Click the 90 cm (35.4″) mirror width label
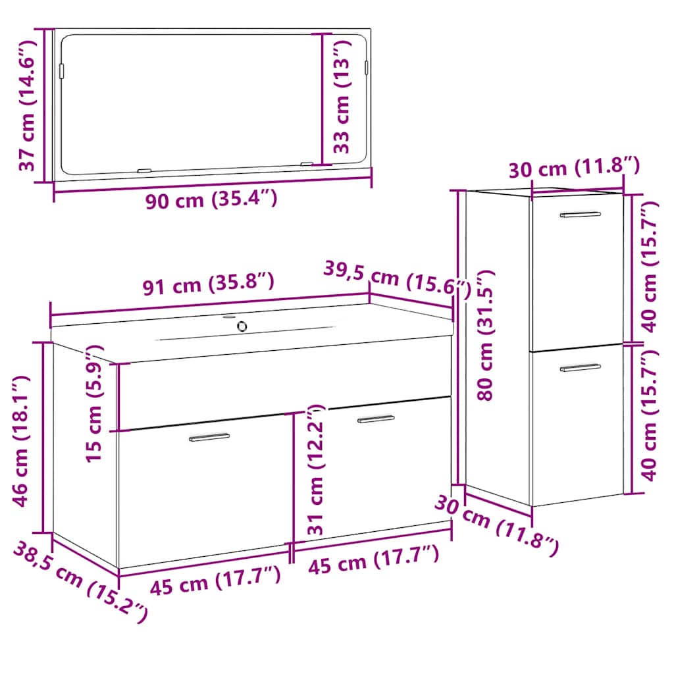pyautogui.click(x=211, y=199)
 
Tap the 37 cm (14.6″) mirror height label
pyautogui.click(x=26, y=106)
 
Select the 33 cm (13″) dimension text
pyautogui.click(x=342, y=97)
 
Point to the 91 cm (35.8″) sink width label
pyautogui.click(x=209, y=284)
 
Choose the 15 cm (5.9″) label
pyautogui.click(x=93, y=404)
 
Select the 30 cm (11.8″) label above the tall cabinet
pyautogui.click(x=574, y=167)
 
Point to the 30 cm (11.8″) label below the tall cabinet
pyautogui.click(x=497, y=526)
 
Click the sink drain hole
pyautogui.click(x=242, y=326)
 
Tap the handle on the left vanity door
pyautogui.click(x=209, y=437)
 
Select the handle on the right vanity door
pyautogui.click(x=376, y=419)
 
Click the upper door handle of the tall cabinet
pyautogui.click(x=581, y=214)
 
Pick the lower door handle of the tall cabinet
pyautogui.click(x=581, y=367)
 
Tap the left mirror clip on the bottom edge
pyautogui.click(x=144, y=170)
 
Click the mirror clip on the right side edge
pyautogui.click(x=367, y=67)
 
